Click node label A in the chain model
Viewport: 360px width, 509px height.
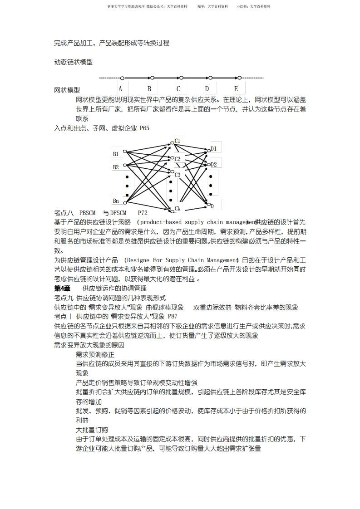(120, 89)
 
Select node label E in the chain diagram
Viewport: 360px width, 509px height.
(236, 89)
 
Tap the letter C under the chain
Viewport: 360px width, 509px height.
(178, 89)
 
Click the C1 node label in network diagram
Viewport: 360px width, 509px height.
(178, 141)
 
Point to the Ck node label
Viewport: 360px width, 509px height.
(178, 209)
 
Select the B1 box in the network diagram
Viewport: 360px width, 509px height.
(116, 154)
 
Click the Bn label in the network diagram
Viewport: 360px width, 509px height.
(116, 201)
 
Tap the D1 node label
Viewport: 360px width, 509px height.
(213, 148)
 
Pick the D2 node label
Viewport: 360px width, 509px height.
(213, 164)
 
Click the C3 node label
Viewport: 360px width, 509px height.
(178, 175)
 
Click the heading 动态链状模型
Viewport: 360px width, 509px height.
(73, 62)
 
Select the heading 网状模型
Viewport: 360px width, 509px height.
(67, 90)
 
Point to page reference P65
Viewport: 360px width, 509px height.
(144, 128)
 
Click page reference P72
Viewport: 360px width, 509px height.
(143, 212)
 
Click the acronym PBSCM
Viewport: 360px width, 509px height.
(88, 212)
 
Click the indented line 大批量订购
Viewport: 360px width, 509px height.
(92, 430)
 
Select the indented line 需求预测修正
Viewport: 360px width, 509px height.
(95, 354)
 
